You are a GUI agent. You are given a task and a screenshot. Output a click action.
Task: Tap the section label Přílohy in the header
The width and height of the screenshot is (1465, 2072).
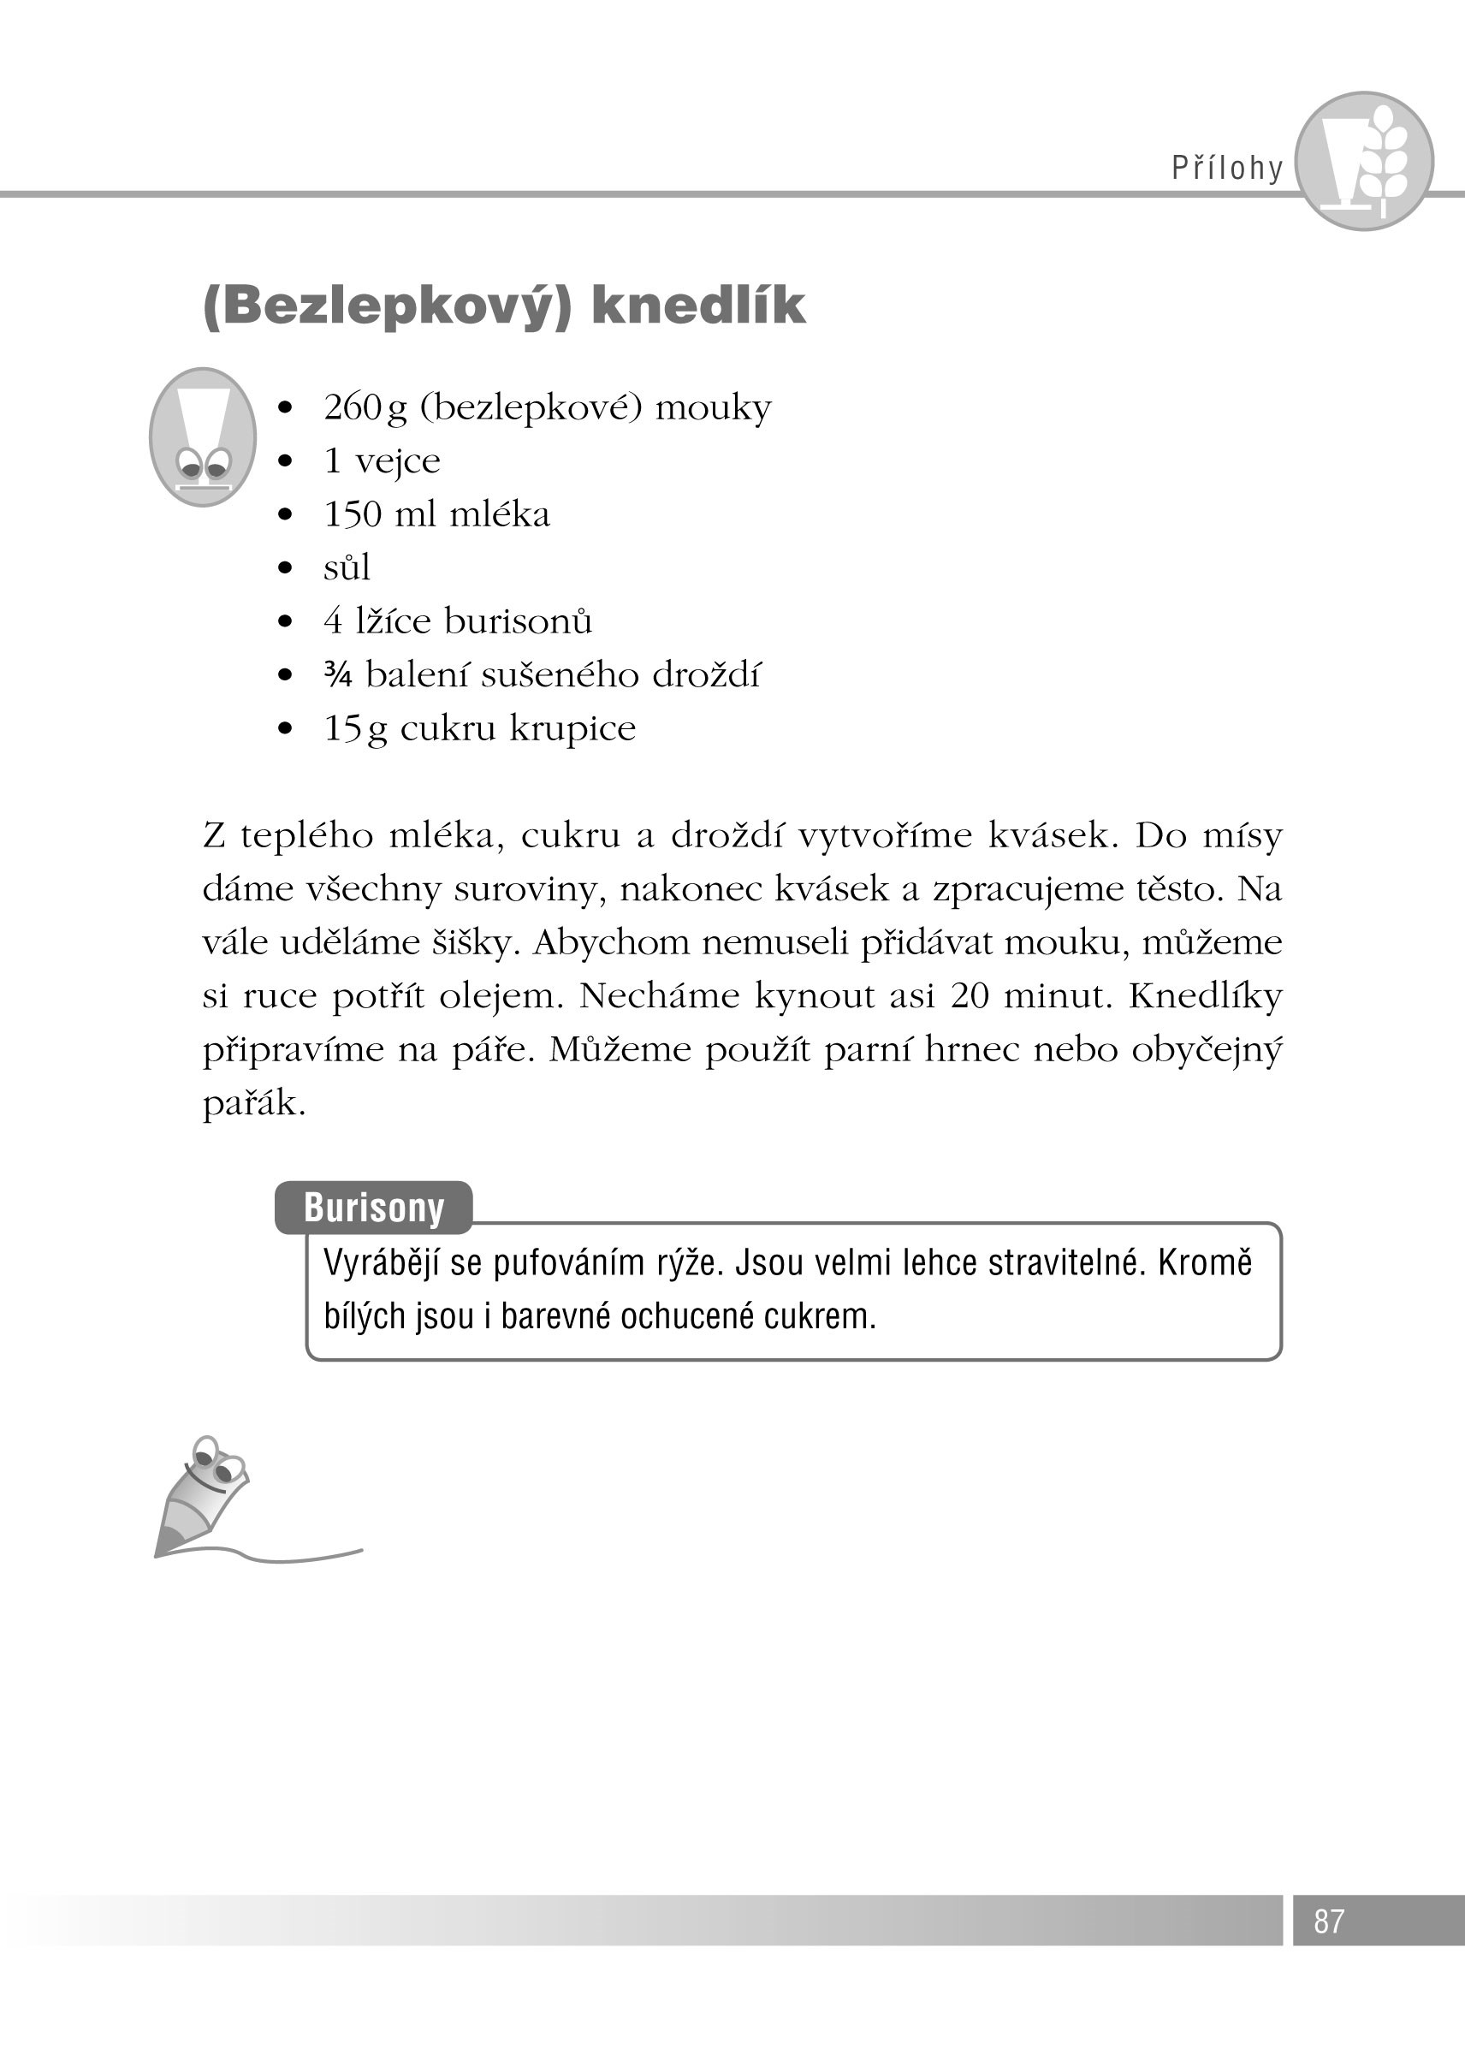(1227, 168)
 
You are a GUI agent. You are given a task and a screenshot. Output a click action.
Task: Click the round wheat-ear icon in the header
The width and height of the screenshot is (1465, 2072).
(1364, 161)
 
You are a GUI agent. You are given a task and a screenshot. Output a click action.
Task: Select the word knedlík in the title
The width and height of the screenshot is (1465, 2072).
(697, 305)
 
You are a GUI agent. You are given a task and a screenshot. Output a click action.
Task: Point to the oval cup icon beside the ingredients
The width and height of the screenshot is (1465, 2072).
(203, 436)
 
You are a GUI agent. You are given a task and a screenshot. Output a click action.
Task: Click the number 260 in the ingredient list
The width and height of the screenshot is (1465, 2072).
(353, 407)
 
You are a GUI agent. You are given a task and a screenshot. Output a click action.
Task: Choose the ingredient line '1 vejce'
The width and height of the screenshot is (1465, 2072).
(382, 461)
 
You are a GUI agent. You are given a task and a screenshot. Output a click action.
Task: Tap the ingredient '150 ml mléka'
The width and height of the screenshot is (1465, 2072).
(436, 514)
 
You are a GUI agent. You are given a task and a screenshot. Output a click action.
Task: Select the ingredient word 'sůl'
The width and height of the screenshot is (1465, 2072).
(347, 567)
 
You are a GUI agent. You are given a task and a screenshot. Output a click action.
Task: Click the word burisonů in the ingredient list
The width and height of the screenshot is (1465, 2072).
(518, 620)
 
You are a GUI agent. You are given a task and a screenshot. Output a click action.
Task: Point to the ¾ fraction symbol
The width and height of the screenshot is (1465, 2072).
(338, 675)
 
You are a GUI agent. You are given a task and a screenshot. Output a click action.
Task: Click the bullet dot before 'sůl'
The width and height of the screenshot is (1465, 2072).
(286, 567)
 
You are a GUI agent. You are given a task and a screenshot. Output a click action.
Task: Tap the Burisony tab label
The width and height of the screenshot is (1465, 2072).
(373, 1208)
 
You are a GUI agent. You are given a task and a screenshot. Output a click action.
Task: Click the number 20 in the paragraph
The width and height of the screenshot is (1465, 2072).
(969, 995)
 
